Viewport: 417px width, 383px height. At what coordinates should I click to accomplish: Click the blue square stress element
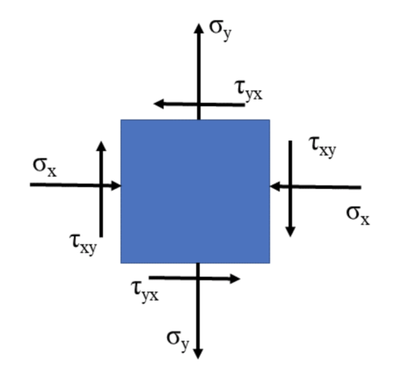coord(195,192)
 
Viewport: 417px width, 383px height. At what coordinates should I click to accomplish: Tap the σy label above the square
coord(220,30)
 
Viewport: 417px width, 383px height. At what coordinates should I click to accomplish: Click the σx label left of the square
coord(45,167)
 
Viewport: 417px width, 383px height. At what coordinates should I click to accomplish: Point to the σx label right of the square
coord(358,216)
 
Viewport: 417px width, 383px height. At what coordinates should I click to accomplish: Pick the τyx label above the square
coord(249,91)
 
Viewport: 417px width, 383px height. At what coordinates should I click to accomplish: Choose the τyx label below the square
coord(144,292)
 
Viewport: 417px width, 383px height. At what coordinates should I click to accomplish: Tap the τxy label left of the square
coord(83,245)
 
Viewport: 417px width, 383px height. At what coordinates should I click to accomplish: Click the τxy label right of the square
coord(323,147)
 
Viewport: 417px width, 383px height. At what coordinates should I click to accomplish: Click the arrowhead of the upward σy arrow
coord(199,28)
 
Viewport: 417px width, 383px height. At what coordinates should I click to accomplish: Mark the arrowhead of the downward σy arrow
coord(198,354)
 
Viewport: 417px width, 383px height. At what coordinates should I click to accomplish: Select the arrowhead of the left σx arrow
coord(115,185)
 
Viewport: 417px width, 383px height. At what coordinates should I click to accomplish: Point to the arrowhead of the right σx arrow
coord(276,186)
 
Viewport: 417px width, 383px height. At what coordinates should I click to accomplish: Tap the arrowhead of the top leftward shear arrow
coord(159,103)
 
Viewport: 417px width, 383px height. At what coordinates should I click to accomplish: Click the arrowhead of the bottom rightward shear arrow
coord(235,279)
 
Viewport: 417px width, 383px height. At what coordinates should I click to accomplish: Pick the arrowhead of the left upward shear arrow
coord(101,146)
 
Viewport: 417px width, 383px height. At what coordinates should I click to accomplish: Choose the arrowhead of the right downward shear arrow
coord(290,232)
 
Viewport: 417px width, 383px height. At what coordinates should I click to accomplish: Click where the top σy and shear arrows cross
coord(199,104)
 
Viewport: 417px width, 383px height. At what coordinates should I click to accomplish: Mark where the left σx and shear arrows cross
coord(101,185)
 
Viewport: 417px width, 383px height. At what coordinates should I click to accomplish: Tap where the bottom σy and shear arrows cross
coord(198,278)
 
